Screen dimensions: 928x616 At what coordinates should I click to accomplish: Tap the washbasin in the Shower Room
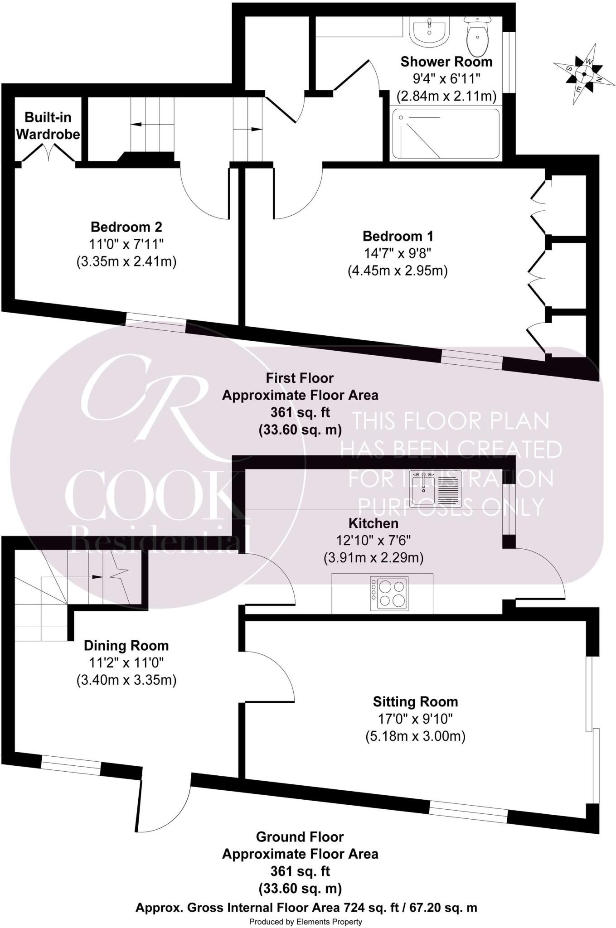point(429,31)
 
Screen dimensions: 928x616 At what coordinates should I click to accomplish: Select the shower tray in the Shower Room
point(446,133)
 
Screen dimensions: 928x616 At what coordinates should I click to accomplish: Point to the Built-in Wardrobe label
point(48,126)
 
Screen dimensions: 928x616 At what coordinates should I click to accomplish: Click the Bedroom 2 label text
point(126,227)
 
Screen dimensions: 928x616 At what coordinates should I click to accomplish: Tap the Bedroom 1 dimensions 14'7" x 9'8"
point(398,253)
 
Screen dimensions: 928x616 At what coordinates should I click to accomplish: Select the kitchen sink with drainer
point(435,488)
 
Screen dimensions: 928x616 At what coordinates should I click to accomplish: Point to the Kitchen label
point(373,523)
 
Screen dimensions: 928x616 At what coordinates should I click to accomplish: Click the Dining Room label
point(126,645)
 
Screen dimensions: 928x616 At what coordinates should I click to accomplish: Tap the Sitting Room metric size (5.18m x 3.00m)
point(415,736)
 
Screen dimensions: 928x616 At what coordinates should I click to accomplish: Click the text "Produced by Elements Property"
point(306,922)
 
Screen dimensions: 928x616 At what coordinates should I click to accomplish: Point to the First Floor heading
point(300,378)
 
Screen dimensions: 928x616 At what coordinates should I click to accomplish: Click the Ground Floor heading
point(300,836)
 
